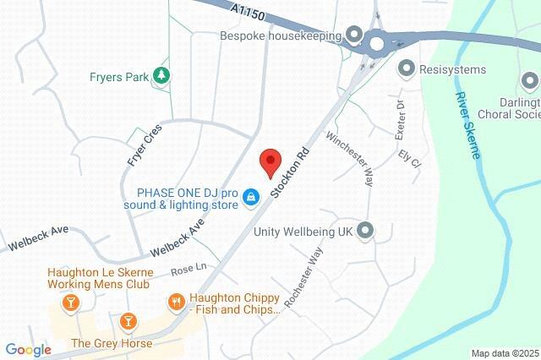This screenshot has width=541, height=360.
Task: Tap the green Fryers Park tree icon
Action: [x=160, y=76]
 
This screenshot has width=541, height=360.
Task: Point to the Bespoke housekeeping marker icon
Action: [x=354, y=35]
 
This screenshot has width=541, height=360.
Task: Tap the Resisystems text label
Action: [x=453, y=69]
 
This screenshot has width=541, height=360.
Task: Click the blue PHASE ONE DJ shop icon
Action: [x=251, y=197]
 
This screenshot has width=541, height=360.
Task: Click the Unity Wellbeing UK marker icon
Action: [x=366, y=229]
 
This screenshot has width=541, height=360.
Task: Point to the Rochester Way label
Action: [x=304, y=279]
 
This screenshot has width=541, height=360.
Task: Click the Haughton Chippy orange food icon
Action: [x=177, y=301]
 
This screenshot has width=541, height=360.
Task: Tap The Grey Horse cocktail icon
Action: [x=128, y=321]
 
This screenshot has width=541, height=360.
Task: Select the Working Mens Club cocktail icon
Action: [x=71, y=301]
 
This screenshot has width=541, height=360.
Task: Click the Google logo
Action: [x=28, y=350]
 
